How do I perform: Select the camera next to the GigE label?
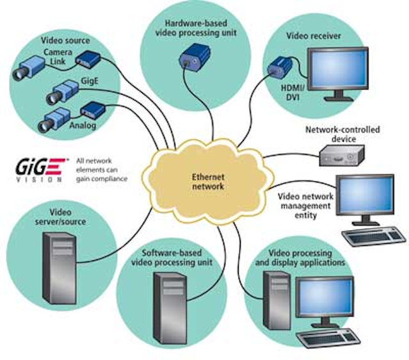pyautogui.click(x=60, y=94)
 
